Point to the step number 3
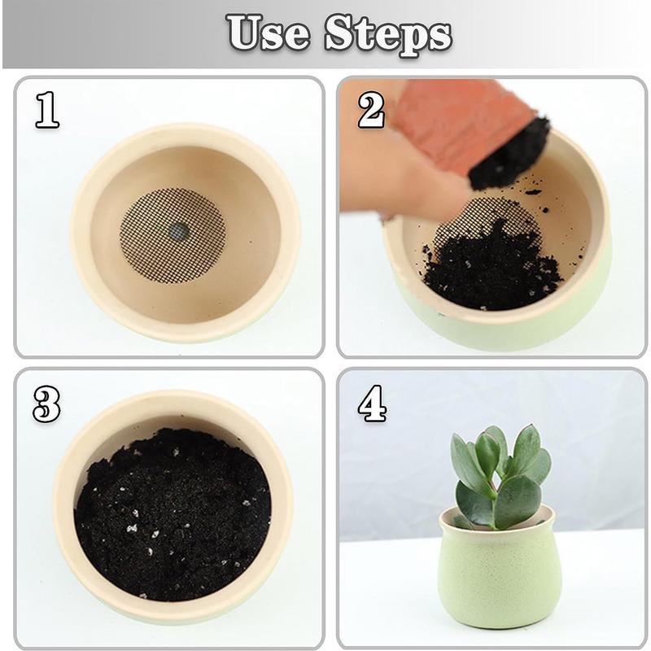click(46, 404)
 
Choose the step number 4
click(372, 404)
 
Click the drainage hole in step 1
click(178, 232)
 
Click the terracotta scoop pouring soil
click(456, 122)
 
